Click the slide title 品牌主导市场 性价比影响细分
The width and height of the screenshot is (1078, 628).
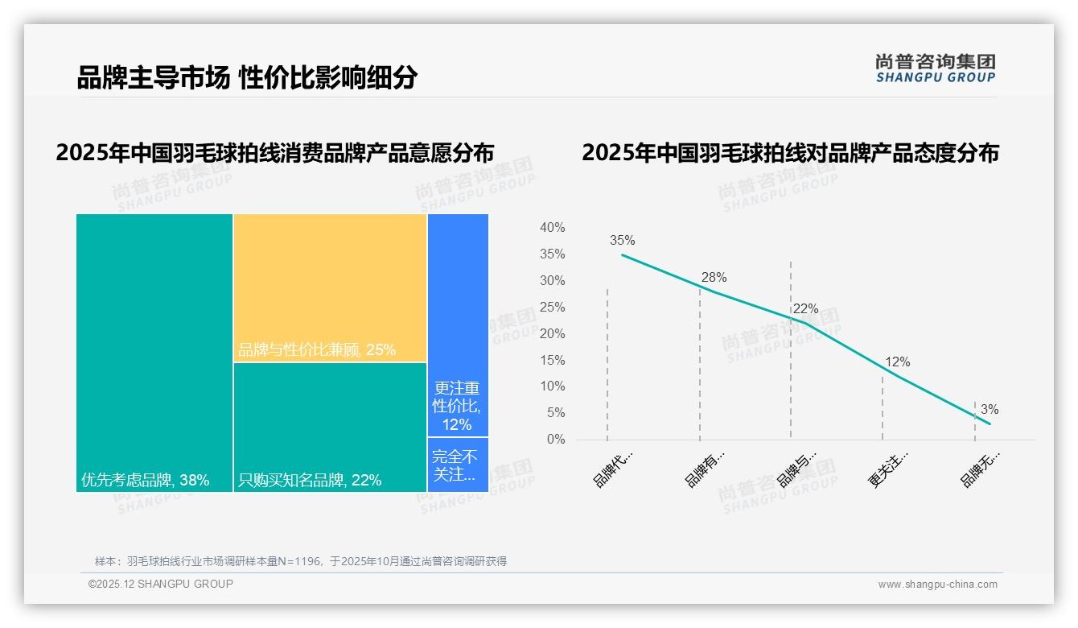pos(247,78)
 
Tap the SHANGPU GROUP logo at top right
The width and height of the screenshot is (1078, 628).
pos(935,68)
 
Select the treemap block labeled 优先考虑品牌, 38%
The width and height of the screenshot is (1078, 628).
pos(154,353)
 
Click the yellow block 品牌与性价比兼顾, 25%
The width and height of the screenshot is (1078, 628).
pos(330,287)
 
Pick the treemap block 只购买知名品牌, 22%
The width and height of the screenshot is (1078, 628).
pos(330,427)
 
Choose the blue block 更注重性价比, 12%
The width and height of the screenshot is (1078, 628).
pos(458,325)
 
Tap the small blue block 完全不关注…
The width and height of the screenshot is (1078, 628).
pos(458,465)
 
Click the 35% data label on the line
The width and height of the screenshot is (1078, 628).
pos(622,240)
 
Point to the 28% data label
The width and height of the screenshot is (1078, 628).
pos(713,277)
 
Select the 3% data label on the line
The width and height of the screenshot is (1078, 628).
pos(990,410)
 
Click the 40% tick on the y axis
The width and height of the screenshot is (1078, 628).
pos(552,228)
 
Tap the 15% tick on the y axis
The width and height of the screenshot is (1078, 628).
pos(552,360)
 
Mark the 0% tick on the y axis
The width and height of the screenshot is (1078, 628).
pos(555,440)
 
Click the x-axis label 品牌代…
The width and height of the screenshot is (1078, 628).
pos(613,469)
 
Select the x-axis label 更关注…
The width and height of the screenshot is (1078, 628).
pos(888,469)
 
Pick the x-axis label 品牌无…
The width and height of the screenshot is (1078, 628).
pos(980,469)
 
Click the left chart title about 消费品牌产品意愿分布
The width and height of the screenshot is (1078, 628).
pos(274,153)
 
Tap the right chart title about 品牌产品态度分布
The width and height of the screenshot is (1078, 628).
pos(790,153)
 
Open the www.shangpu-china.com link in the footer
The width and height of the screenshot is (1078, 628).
pos(937,585)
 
